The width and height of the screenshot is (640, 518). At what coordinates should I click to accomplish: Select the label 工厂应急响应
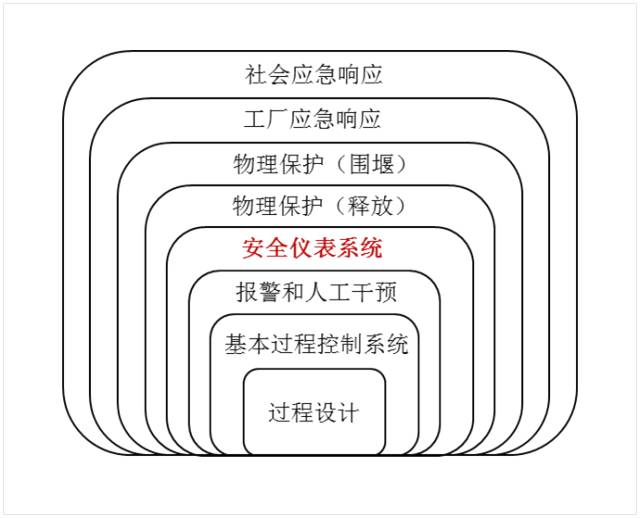coord(313,119)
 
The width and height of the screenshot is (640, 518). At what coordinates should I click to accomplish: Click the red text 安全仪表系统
coord(313,248)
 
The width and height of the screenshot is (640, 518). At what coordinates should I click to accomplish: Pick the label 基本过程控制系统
coord(316,345)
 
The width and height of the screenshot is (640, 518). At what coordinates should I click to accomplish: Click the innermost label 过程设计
coord(313,412)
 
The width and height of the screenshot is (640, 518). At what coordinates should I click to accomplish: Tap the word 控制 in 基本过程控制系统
coord(339,345)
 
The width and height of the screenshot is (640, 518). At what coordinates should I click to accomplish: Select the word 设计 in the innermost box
coord(336,412)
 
